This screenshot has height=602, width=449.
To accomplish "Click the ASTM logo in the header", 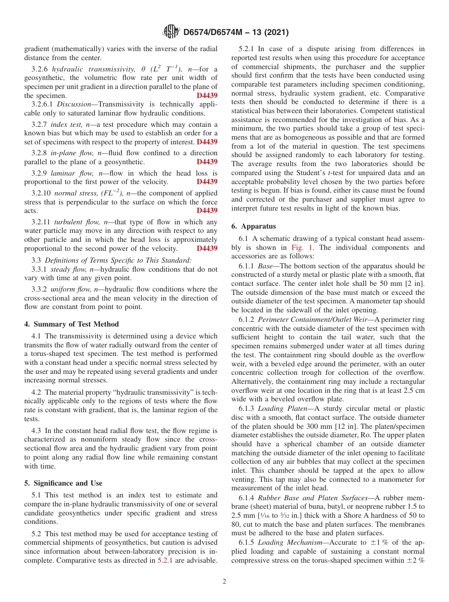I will click(x=171, y=32).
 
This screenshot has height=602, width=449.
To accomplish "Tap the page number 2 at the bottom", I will click(x=224, y=581).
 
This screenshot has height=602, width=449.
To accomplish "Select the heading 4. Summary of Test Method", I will click(x=71, y=324).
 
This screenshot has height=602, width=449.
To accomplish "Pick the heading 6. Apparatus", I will click(x=253, y=226).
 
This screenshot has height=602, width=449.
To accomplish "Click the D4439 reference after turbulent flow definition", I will click(x=207, y=248).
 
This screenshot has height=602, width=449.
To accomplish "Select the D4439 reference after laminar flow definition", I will click(x=207, y=181).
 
